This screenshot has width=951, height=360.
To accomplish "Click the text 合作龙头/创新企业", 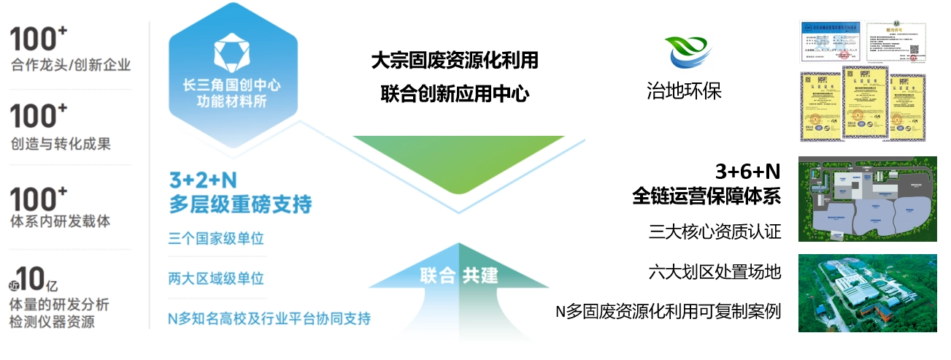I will tap(71, 65).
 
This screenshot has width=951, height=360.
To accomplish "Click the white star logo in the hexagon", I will tap(233, 53).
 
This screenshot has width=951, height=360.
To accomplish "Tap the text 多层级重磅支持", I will tap(240, 204).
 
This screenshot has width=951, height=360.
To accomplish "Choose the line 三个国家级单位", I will tap(215, 239).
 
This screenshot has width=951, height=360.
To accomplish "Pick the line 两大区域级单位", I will tap(215, 278).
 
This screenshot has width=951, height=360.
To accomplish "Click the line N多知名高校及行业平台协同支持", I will tap(269, 318).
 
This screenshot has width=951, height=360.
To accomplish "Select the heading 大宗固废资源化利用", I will tap(454, 61).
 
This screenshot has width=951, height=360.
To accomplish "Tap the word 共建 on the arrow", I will tap(480, 276).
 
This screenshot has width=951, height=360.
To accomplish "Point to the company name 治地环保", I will tap(684, 91).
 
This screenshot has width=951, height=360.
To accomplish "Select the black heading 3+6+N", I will tap(747, 172).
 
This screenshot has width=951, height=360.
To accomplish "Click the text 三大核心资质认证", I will tap(715, 232).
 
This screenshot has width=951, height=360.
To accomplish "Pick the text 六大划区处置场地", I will tap(715, 272).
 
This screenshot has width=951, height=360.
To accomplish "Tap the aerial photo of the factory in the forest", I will tap(867, 293).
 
